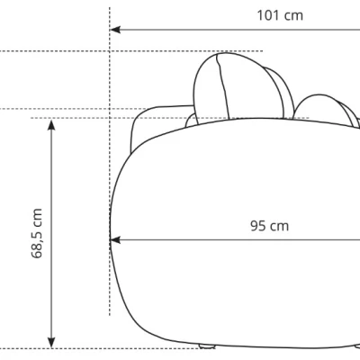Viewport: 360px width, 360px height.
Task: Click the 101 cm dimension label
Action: point(280,15)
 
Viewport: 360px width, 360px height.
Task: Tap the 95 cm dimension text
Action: point(269,226)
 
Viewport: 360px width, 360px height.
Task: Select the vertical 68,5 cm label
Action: point(37,233)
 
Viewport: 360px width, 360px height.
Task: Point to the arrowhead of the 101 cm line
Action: point(115,30)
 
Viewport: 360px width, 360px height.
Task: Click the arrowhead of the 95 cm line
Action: point(115,240)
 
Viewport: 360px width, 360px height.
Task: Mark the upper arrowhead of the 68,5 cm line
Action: point(51,124)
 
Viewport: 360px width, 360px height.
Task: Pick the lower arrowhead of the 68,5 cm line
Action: point(51,342)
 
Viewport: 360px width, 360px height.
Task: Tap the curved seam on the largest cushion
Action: point(223,87)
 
